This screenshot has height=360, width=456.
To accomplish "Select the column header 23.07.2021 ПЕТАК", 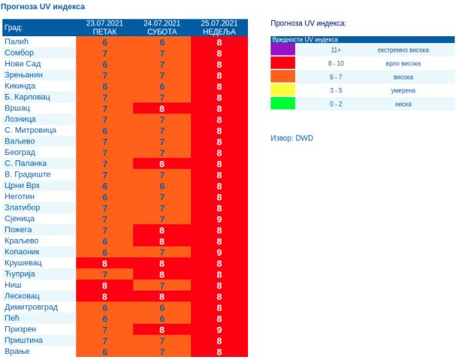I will click(x=105, y=27).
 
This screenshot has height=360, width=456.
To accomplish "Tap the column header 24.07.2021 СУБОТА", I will click(x=162, y=27).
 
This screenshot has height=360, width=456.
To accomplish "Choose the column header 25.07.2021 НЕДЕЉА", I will click(x=220, y=27).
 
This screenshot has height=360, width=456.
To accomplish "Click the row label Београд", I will click(x=20, y=153).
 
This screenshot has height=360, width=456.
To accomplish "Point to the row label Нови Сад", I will click(x=24, y=64).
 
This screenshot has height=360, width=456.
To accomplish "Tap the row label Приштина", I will click(x=24, y=340).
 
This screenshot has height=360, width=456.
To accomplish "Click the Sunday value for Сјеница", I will click(x=220, y=219).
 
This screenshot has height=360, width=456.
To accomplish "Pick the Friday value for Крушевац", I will click(x=105, y=263).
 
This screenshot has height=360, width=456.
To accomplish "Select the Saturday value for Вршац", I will click(x=162, y=109).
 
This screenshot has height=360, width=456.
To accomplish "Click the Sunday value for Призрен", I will click(x=220, y=329).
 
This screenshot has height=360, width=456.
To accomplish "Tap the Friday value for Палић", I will click(x=105, y=42).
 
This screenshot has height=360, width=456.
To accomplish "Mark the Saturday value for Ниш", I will click(x=162, y=285).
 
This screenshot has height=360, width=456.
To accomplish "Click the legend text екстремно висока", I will click(x=403, y=50).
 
